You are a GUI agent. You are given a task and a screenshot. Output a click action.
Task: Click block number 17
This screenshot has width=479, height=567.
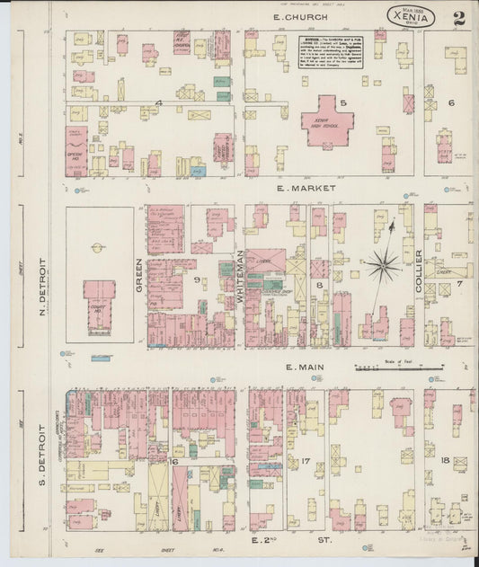tap(306, 462)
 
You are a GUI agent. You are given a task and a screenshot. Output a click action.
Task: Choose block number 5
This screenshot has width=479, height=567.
tap(343, 102)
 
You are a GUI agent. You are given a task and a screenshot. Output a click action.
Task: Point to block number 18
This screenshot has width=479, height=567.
tap(445, 460)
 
